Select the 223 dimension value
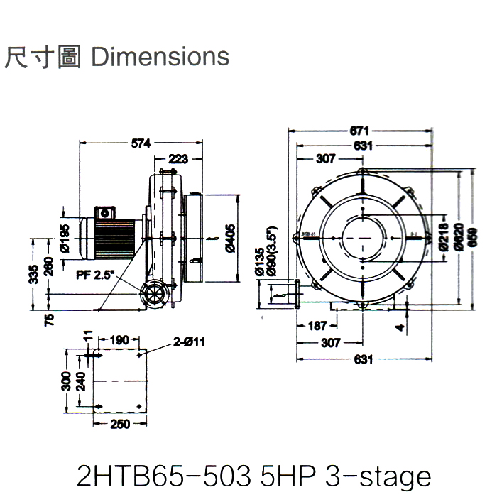(178, 159)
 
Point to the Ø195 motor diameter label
(65, 239)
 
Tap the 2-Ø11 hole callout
(189, 342)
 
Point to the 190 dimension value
(120, 341)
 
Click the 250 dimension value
(120, 425)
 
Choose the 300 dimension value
(66, 382)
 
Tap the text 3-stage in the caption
(378, 474)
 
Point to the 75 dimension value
(49, 318)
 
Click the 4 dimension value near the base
(401, 328)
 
